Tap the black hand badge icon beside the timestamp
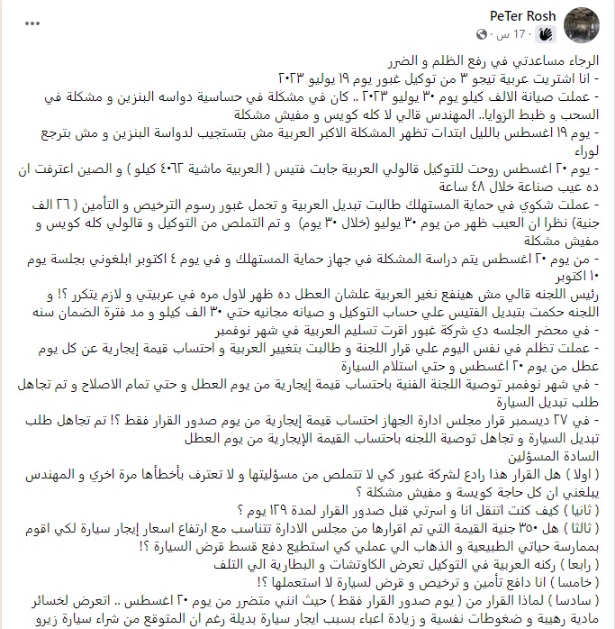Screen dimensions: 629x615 click(546, 34)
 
